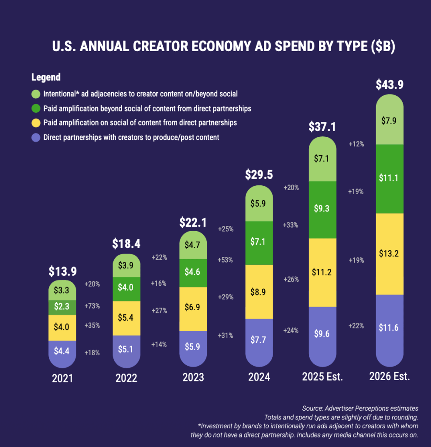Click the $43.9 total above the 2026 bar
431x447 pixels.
(390, 85)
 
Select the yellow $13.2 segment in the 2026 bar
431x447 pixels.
(390, 254)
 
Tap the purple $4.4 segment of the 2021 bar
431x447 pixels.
(62, 354)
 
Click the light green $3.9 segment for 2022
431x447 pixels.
(127, 266)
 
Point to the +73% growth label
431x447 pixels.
(92, 306)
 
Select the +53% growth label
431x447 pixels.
(225, 260)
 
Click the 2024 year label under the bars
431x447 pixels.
(259, 377)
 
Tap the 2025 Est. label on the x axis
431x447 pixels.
(322, 377)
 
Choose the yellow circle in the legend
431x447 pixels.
(36, 123)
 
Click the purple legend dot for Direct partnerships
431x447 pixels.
(36, 138)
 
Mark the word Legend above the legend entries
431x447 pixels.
(46, 77)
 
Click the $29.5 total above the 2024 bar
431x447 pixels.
(259, 175)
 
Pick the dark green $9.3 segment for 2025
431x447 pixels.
(322, 210)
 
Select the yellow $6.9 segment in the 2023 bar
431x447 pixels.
(193, 309)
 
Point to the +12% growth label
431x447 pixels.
(356, 144)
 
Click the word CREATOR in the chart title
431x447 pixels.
(161, 46)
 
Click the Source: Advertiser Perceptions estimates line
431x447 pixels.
(360, 408)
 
